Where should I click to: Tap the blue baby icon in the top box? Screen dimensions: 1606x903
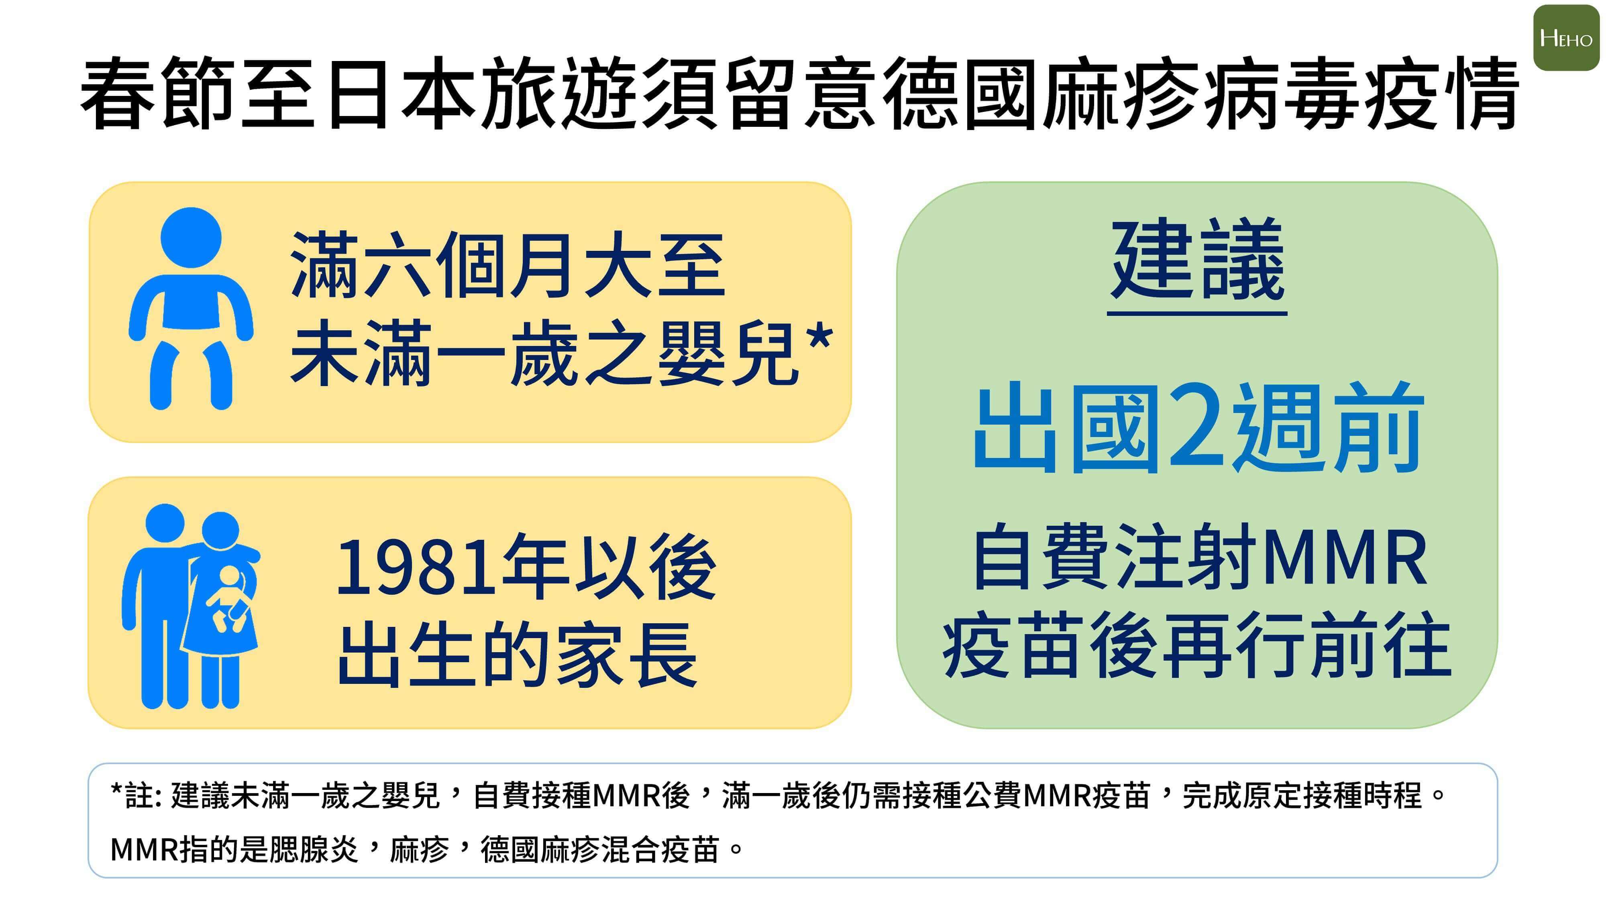191,309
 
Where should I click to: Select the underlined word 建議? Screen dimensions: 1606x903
1197,260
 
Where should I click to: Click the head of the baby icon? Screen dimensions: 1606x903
191,238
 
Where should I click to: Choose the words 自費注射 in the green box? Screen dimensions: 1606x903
1116,557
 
